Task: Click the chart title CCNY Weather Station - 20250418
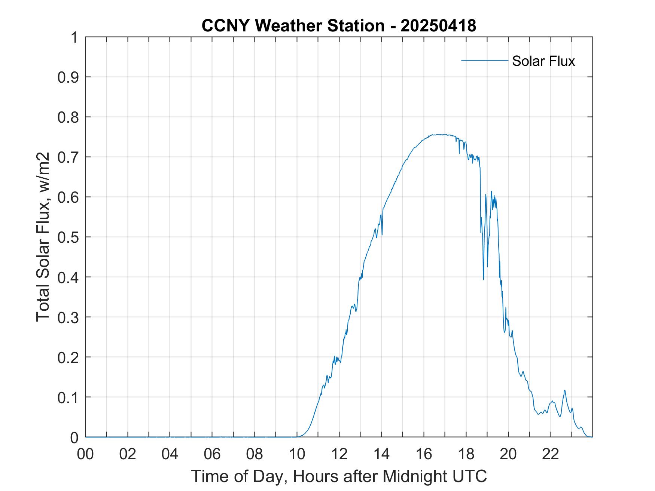[339, 25]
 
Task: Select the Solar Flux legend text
[543, 61]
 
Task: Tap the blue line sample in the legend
[484, 60]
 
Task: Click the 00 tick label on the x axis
[85, 454]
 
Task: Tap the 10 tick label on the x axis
[297, 454]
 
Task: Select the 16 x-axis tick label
[424, 454]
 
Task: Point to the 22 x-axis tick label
[551, 454]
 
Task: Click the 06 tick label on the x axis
[212, 454]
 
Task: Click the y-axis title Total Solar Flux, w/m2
[43, 237]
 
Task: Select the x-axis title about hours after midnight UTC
[339, 476]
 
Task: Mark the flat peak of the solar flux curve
[438, 135]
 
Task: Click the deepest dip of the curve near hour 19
[483, 279]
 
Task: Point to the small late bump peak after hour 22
[564, 390]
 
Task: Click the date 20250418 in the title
[438, 25]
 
